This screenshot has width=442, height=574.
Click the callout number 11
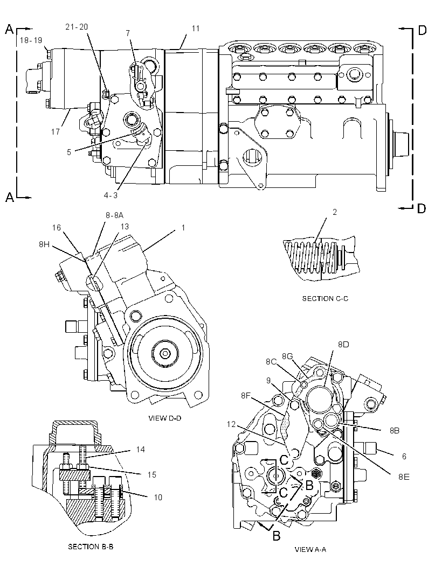[195, 28]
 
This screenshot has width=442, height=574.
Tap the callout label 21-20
[77, 27]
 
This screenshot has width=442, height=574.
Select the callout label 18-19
[31, 40]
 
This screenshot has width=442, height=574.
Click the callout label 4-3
[110, 195]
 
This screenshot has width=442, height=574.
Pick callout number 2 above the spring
[335, 212]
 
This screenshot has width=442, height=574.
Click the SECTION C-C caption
[325, 298]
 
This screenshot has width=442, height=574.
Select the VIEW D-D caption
[165, 418]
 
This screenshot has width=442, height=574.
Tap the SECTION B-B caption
[91, 547]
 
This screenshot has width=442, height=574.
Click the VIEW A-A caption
[310, 549]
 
